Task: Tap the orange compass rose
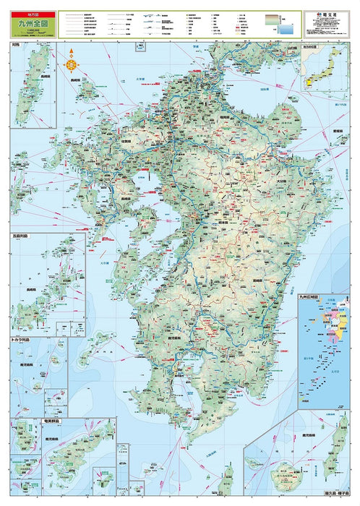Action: pyautogui.click(x=72, y=63)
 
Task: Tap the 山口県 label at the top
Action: pyautogui.click(x=291, y=48)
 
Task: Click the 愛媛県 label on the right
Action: pyautogui.click(x=335, y=132)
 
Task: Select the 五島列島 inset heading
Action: pyautogui.click(x=22, y=235)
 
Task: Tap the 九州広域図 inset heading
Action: pyautogui.click(x=312, y=296)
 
